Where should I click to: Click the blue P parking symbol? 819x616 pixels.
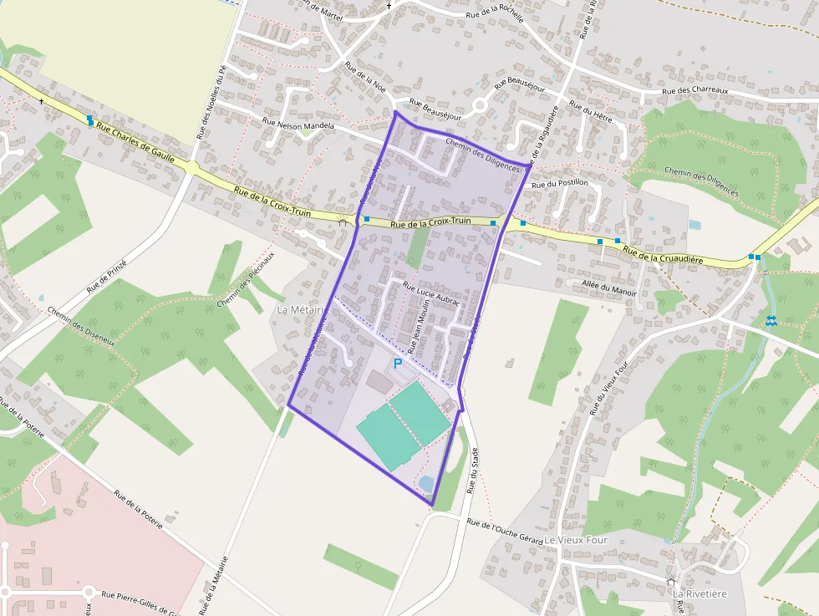398,364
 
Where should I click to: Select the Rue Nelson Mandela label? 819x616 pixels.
298,124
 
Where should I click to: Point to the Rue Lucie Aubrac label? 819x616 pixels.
431,295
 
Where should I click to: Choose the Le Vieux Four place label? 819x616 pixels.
577,540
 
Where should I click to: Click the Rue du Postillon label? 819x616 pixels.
560,183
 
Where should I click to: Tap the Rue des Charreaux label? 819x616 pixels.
695,91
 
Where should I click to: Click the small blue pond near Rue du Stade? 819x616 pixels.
425,484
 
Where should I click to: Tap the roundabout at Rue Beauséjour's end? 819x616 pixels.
480,106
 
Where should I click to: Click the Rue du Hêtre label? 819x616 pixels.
591,112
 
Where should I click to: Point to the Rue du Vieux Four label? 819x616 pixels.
608,388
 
